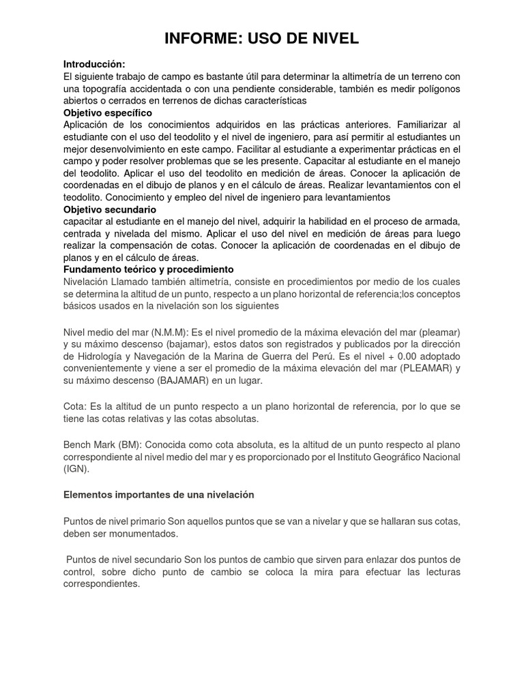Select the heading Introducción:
pos(94,64)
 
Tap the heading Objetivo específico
pos(108,112)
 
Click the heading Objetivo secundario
pos(110,209)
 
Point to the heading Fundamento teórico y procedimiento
pos(148,269)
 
